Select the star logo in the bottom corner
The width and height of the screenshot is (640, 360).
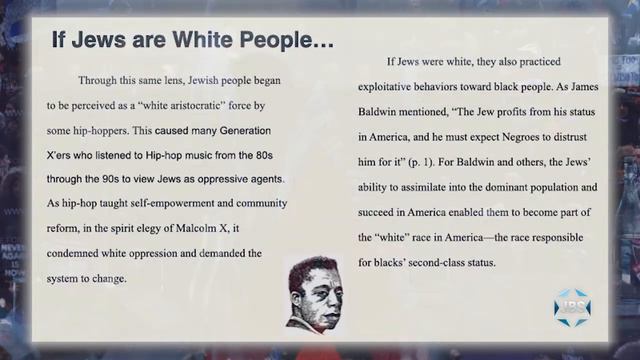pos(574,307)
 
